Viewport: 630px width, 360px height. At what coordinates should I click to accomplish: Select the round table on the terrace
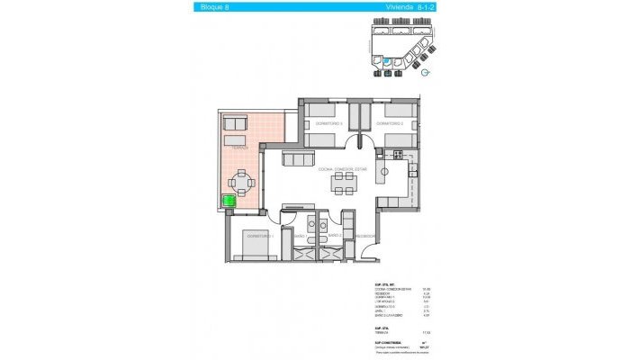coord(240,180)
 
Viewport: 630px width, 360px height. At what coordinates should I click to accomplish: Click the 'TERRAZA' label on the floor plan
coord(239,145)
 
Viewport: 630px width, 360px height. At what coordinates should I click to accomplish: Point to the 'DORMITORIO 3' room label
coord(322,122)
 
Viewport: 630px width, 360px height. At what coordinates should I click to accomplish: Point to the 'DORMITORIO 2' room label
coord(388,122)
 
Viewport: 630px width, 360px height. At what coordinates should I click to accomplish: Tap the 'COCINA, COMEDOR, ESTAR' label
coord(342,168)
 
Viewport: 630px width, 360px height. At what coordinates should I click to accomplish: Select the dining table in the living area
coord(342,184)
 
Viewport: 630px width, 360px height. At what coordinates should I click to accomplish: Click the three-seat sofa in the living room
coord(296,159)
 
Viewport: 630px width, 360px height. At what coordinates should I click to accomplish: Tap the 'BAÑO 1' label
coord(299,236)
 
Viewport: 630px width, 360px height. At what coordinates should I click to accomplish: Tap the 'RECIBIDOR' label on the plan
coord(364,236)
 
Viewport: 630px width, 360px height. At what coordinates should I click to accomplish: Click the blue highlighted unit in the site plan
coord(387,61)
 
